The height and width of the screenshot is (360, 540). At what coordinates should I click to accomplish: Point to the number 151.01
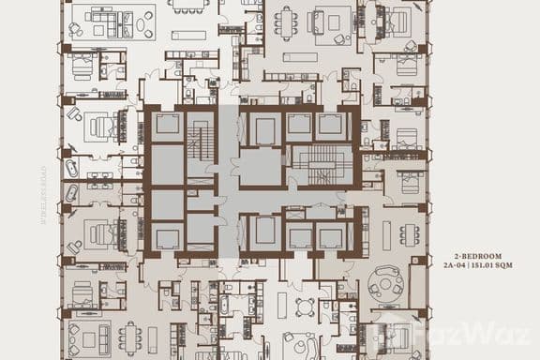pos(491,266)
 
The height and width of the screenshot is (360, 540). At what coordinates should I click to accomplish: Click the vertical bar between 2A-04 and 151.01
pos(476,266)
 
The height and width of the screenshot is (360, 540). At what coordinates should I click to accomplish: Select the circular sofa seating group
pos(386,281)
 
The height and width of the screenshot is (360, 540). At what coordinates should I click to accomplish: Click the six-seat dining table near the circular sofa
pos(410,233)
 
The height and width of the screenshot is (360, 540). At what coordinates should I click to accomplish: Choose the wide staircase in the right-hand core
pos(320,165)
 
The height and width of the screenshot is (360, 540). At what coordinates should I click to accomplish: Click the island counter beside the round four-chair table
pos(282,304)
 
